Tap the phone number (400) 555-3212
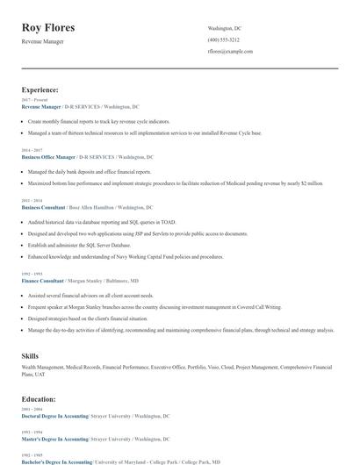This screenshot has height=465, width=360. point(223,39)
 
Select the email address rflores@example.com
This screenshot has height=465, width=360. point(230,52)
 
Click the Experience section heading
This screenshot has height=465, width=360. point(40,89)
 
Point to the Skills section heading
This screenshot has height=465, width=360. point(30,355)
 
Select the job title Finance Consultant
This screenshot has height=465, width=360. point(42,281)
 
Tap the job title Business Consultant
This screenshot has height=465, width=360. point(43,208)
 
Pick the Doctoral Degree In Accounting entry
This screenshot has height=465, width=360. point(54,416)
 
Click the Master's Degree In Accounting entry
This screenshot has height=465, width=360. point(54,439)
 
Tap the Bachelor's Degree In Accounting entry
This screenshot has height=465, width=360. point(56,461)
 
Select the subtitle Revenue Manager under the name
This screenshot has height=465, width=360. point(42,41)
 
